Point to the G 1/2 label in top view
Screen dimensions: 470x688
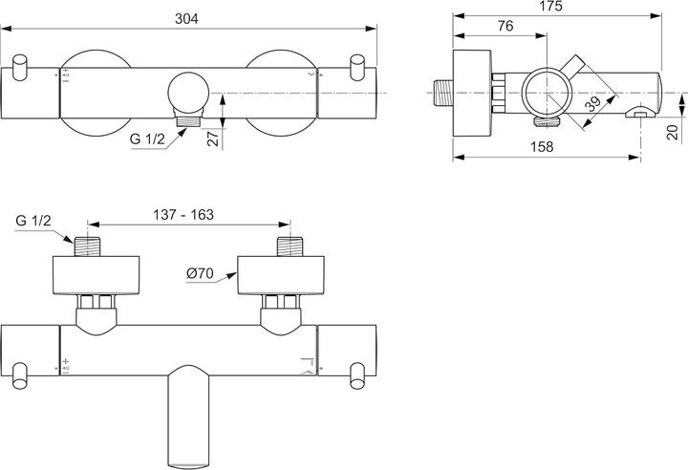[32, 221]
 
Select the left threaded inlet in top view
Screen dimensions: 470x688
[90, 246]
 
